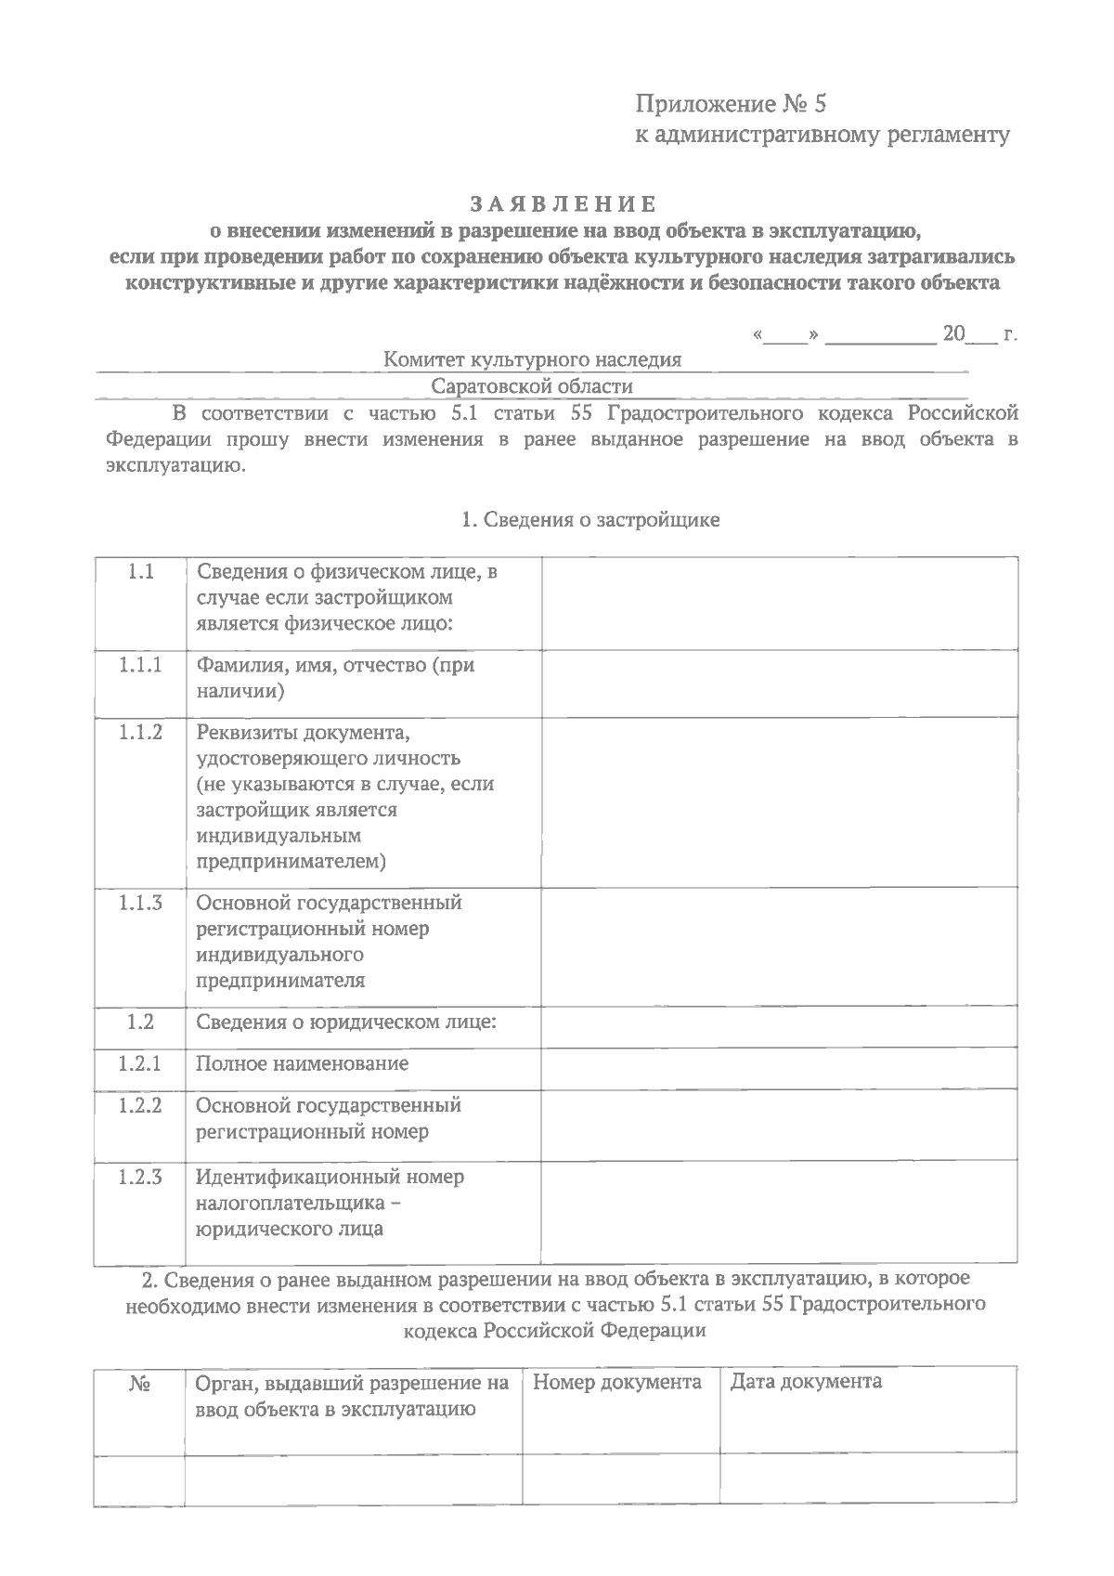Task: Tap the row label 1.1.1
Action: pos(140,665)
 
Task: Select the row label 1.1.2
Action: pos(140,732)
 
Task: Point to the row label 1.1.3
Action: pos(140,902)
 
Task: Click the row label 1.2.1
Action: pos(140,1063)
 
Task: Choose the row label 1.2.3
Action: pos(140,1177)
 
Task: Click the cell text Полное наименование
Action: pos(302,1063)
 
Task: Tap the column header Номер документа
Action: pos(617,1382)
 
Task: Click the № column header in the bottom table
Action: pos(140,1384)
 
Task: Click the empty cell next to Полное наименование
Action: pos(779,1069)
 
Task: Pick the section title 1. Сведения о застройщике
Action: pos(590,520)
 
